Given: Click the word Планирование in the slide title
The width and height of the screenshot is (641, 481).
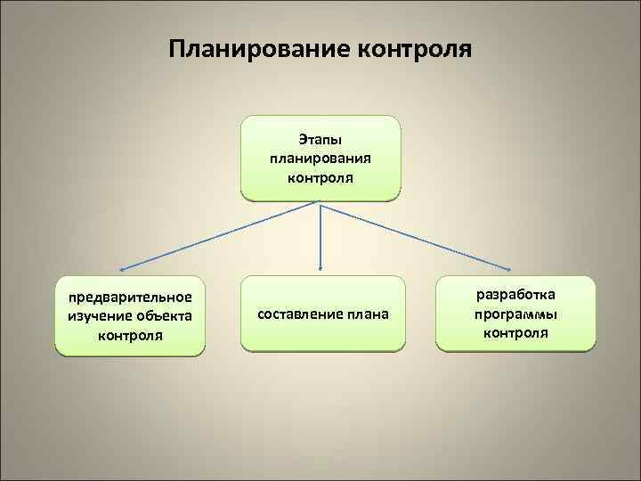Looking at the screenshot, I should click(258, 45).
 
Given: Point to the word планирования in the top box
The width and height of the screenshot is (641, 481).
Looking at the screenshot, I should click(320, 158).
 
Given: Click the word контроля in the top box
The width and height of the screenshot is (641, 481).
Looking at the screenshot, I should click(320, 176).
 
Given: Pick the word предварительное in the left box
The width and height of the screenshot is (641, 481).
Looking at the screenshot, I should click(130, 297).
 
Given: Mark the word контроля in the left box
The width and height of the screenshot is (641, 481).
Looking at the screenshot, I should click(130, 335).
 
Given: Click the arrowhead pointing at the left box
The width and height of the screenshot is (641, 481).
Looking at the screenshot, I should click(122, 268).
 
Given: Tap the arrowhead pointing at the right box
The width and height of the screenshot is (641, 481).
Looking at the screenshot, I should click(511, 269).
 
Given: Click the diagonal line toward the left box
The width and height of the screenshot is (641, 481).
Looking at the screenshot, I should click(223, 233).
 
